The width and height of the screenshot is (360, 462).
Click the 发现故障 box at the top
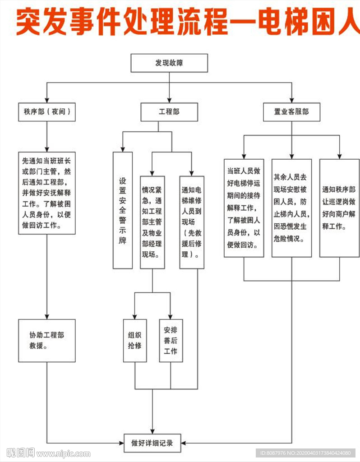tap(169, 63)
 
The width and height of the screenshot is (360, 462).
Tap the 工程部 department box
tap(169, 112)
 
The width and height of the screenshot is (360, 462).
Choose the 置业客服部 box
tap(291, 112)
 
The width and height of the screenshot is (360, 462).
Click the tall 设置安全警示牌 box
tap(123, 210)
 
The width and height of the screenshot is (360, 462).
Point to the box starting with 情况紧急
tap(152, 222)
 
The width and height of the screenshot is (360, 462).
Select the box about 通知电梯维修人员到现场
tap(192, 222)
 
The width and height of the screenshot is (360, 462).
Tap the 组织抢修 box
tap(135, 340)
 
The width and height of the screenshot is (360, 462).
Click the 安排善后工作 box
tap(171, 340)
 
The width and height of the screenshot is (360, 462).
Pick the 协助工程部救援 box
tap(47, 340)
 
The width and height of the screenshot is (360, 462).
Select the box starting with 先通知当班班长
tap(47, 193)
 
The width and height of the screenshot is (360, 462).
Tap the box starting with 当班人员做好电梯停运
tap(244, 208)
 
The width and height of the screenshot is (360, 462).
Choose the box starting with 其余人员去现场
tap(291, 208)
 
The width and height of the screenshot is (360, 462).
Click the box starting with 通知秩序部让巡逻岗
tap(339, 208)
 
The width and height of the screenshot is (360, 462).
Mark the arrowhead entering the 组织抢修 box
tap(135, 317)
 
